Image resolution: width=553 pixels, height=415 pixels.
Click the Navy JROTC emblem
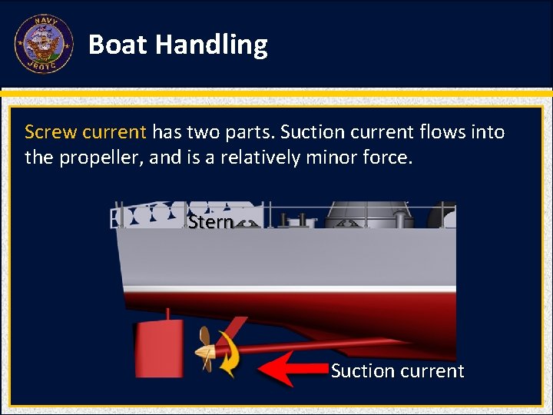tap(44, 44)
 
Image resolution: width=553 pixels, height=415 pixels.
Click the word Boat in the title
tap(118, 45)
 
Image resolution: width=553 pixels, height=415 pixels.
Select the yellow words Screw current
tap(84, 132)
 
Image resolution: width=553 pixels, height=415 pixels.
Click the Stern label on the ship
tap(210, 222)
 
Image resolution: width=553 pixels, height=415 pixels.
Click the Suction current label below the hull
tap(397, 371)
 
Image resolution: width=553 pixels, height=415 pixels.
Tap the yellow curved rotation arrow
tap(228, 354)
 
